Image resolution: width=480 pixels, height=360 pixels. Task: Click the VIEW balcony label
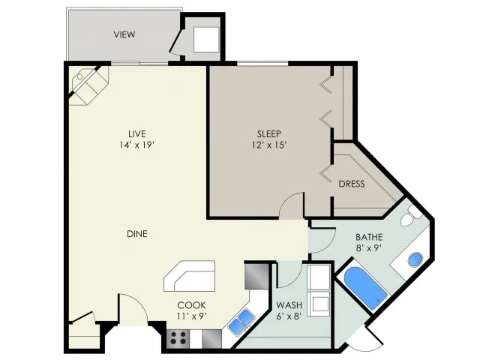pos(124,34)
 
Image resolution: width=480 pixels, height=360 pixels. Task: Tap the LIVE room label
pos(136,133)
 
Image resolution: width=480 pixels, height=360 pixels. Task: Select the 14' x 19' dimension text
pos(136,145)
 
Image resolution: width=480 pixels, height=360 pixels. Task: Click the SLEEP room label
pos(269,133)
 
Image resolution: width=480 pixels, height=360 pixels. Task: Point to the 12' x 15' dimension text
pos(269,145)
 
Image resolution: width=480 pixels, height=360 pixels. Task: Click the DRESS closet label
pos(352,184)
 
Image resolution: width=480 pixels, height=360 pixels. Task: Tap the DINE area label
pos(137,234)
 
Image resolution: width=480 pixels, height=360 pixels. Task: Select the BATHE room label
pos(369,237)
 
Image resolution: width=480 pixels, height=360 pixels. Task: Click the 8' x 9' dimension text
pos(369,247)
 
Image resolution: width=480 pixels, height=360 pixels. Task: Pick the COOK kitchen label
pos(192,305)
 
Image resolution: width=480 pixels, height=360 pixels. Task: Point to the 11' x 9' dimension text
pos(192,316)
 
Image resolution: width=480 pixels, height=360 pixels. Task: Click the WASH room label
pos(289,305)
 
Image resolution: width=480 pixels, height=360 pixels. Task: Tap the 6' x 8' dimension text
pos(289,316)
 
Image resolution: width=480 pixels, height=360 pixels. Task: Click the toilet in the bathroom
pos(410,217)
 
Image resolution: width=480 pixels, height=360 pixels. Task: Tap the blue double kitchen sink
pos(241,321)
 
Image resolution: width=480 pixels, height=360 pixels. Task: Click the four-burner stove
pos(178,338)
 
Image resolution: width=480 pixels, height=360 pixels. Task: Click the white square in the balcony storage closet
pos(206,40)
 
